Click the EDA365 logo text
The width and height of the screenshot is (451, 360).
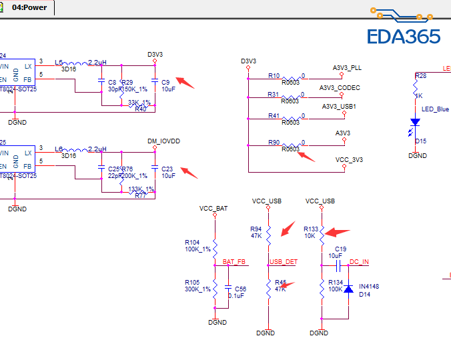404,35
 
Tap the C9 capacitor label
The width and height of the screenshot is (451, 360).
165,81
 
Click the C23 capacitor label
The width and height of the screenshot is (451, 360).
167,169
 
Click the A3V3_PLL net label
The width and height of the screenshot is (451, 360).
347,68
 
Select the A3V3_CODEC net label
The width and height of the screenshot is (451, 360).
340,88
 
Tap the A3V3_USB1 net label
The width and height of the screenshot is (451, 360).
339,107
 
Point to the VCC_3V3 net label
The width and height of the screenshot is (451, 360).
349,160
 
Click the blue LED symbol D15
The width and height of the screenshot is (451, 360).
415,123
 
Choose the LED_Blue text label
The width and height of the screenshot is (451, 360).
435,109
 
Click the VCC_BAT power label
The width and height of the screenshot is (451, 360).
213,209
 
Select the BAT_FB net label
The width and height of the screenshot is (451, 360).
234,262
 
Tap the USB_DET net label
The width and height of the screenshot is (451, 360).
284,262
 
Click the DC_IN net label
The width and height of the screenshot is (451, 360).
360,262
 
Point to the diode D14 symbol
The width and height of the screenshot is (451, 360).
348,291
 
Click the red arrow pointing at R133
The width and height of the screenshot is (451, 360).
338,233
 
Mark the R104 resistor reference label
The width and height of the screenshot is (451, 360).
192,242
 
